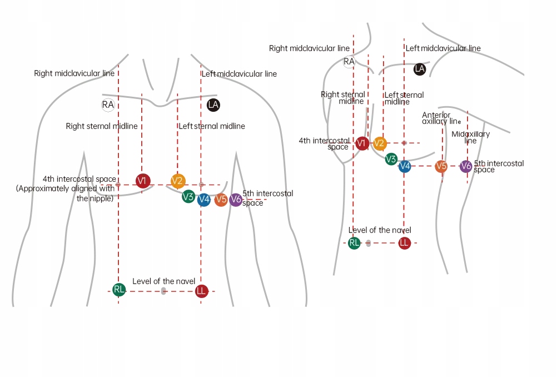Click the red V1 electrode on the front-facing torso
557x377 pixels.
143,181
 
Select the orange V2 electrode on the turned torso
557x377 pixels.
379,144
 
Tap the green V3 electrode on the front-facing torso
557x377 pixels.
188,196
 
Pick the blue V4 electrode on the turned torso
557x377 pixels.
405,166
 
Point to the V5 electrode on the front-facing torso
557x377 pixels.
221,200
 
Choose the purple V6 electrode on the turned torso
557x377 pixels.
466,166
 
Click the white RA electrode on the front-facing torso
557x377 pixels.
108,105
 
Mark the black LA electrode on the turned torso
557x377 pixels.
420,69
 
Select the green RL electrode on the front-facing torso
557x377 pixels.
118,289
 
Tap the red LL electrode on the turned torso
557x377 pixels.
404,242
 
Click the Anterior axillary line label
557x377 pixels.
441,118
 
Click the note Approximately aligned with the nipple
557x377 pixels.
66,193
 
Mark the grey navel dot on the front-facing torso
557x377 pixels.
163,291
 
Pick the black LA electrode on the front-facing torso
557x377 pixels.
213,105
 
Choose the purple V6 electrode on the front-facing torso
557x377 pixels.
236,200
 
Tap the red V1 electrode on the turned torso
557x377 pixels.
362,144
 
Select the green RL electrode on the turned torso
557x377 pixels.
354,242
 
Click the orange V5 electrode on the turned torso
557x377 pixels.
441,166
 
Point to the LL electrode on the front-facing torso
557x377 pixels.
201,291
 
